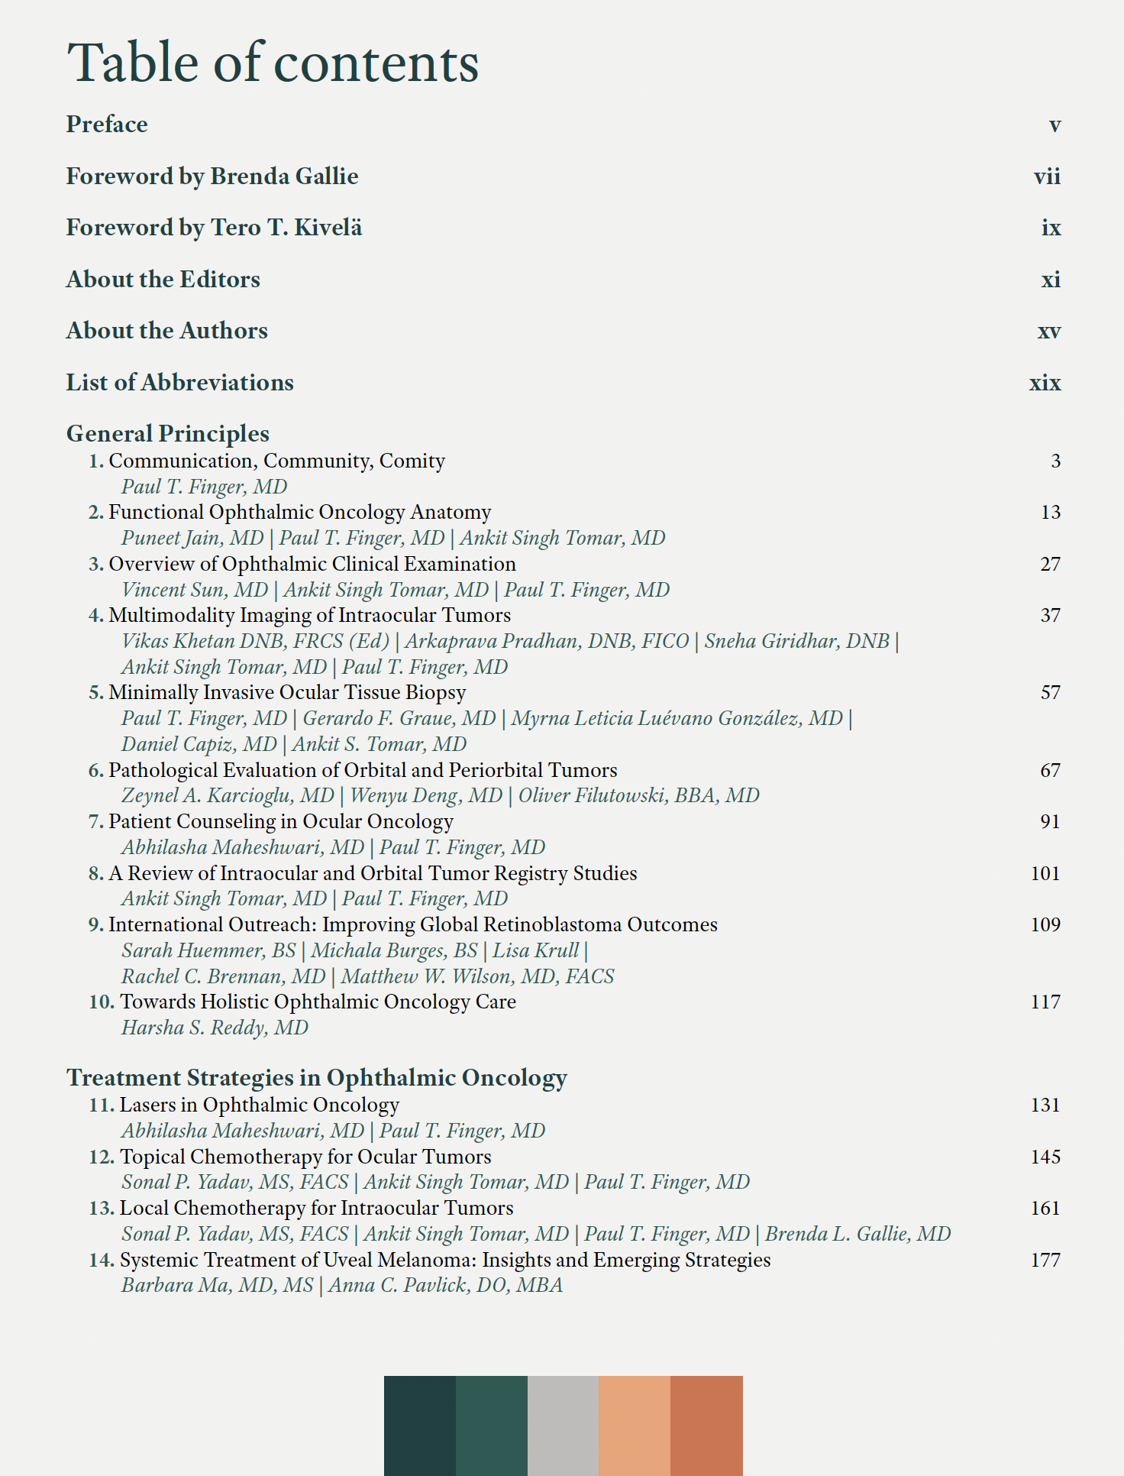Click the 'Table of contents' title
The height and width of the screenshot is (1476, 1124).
click(273, 63)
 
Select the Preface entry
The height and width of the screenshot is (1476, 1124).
click(107, 125)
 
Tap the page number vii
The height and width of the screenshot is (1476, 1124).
click(1047, 176)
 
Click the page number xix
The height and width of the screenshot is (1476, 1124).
click(1045, 383)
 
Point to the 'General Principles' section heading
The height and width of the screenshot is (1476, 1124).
click(168, 434)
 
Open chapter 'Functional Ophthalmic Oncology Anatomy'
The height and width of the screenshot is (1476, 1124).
click(299, 513)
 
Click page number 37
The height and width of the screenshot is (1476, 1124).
click(1050, 616)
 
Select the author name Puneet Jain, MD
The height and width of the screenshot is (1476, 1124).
click(192, 539)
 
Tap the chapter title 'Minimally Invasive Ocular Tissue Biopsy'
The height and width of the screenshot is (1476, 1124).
click(287, 693)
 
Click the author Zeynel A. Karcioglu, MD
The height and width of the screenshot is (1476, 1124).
click(228, 796)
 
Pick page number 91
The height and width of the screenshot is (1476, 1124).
click(1050, 822)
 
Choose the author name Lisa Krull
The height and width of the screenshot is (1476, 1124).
click(535, 951)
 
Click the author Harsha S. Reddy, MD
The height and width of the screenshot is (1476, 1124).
click(215, 1028)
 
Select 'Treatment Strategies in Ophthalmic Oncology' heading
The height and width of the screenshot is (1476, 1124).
click(317, 1078)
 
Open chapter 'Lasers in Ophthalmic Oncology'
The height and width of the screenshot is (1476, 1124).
click(260, 1105)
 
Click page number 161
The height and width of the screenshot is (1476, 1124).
click(1045, 1209)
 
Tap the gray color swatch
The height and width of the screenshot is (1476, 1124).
click(563, 1426)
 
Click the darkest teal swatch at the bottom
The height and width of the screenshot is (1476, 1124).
click(420, 1426)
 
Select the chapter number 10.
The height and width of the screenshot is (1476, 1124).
click(101, 1002)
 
